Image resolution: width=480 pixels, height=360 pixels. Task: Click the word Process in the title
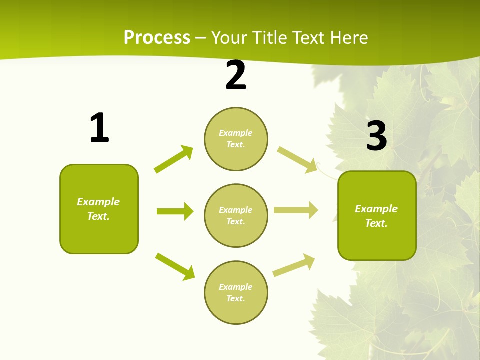(x=157, y=38)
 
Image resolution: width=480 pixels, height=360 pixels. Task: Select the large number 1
(x=99, y=128)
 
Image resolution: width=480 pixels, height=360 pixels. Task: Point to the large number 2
(x=236, y=76)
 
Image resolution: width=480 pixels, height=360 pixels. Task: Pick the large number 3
(x=376, y=136)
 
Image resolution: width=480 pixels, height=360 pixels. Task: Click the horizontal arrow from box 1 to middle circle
(x=175, y=211)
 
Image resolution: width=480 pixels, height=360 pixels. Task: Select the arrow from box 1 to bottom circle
(x=175, y=266)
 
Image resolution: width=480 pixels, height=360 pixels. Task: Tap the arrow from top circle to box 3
(x=297, y=159)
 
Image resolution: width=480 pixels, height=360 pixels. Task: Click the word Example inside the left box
(x=98, y=202)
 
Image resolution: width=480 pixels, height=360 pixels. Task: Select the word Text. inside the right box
(x=376, y=223)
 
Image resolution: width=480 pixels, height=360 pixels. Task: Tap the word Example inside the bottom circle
(x=236, y=287)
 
